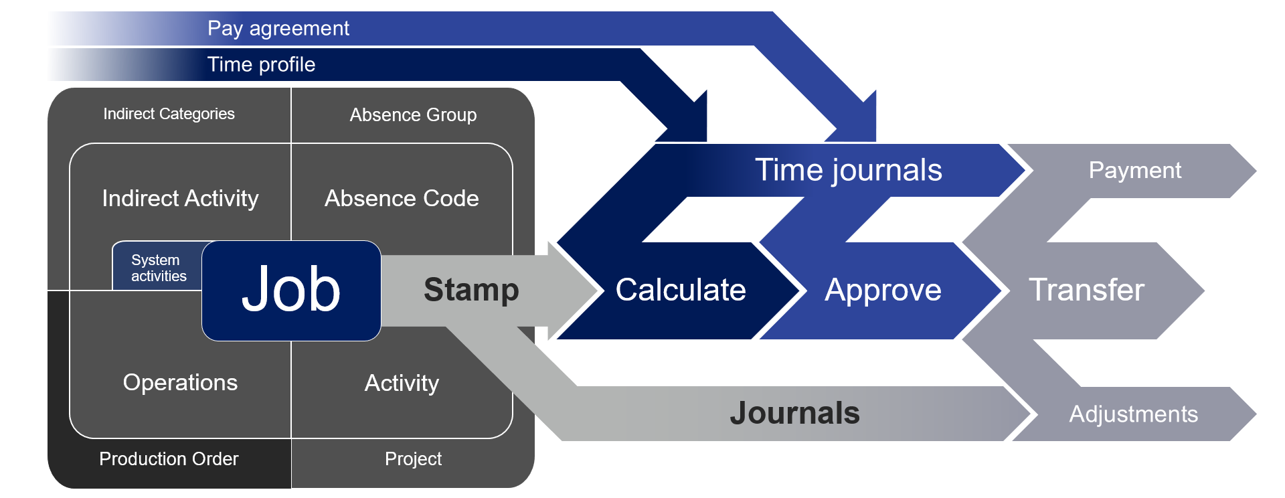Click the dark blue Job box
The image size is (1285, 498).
[x=291, y=290]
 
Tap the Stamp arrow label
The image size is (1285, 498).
[x=471, y=290]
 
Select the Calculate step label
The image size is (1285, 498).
[x=680, y=290]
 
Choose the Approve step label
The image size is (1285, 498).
[x=883, y=290]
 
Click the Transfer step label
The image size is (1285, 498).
[x=1086, y=290]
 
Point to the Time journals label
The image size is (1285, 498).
[x=848, y=170]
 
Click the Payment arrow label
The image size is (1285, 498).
[x=1134, y=170]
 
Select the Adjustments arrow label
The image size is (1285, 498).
[x=1133, y=414]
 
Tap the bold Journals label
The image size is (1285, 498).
[x=794, y=413]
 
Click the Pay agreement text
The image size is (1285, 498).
[x=278, y=28]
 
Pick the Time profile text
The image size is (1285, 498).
[x=261, y=64]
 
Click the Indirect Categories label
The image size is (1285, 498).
[x=169, y=114]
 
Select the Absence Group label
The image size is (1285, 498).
[x=413, y=115]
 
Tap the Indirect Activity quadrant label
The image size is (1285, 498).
[x=180, y=198]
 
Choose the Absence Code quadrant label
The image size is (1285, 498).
[x=402, y=198]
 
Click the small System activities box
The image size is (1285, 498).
[x=158, y=268]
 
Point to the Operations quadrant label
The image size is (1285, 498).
[x=180, y=382]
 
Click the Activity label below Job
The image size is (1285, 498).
[x=402, y=383]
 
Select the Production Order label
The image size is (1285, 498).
[x=169, y=459]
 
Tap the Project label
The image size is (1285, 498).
[x=413, y=459]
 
